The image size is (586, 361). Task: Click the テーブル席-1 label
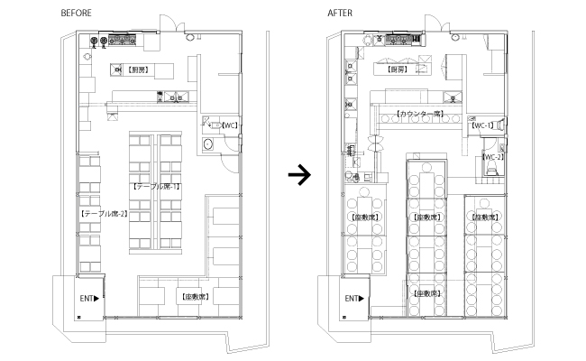[157, 186]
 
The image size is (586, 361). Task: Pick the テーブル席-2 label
[104, 214]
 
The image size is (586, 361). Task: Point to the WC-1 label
[485, 125]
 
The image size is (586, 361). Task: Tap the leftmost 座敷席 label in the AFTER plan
[365, 218]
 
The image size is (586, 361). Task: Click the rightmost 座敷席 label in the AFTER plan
[484, 218]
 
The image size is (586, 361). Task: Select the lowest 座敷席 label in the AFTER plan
[427, 294]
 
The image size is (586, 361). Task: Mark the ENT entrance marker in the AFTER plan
[355, 298]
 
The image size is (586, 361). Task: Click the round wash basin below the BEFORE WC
[208, 143]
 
